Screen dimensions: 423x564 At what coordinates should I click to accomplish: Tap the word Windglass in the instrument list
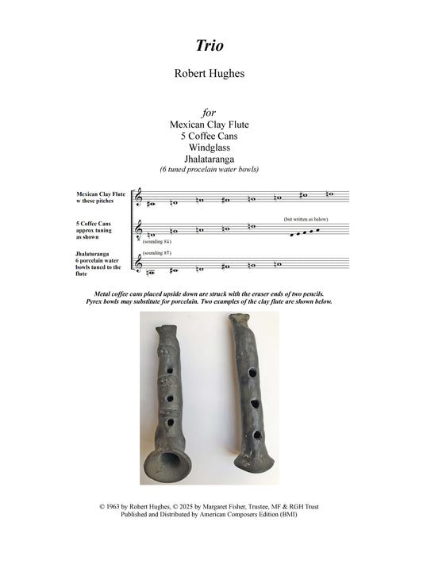(211, 148)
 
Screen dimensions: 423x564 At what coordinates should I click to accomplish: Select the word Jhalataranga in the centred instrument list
(211, 159)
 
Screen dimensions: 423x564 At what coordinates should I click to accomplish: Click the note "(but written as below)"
(306, 218)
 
